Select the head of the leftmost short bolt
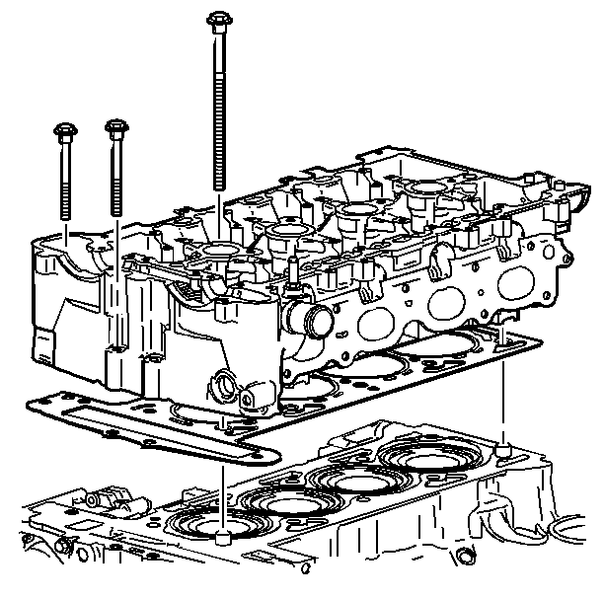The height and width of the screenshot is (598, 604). [x=64, y=130]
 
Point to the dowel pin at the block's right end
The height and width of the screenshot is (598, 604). [x=505, y=450]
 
